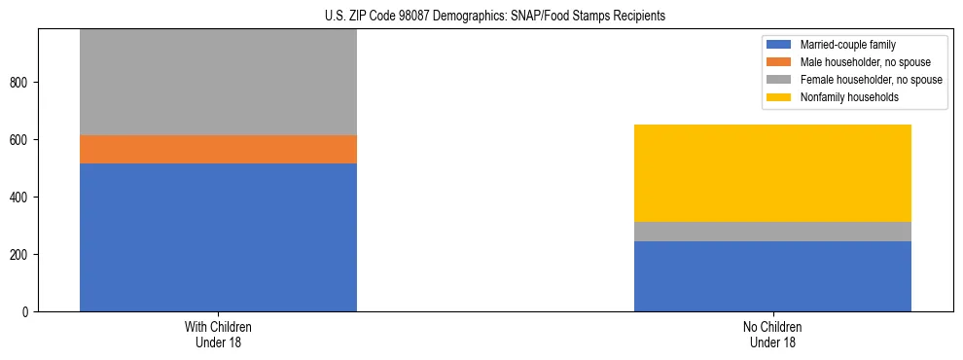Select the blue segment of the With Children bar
click(x=218, y=237)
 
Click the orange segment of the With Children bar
click(x=218, y=149)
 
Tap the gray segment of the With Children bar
click(x=218, y=83)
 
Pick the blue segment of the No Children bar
click(x=772, y=276)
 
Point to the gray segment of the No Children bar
click(x=772, y=232)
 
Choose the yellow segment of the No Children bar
click(x=772, y=173)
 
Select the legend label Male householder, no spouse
click(x=862, y=62)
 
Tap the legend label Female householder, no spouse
click(x=871, y=80)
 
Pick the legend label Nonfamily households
click(x=842, y=97)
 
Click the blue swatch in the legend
click(x=779, y=45)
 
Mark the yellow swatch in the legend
click(x=779, y=97)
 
